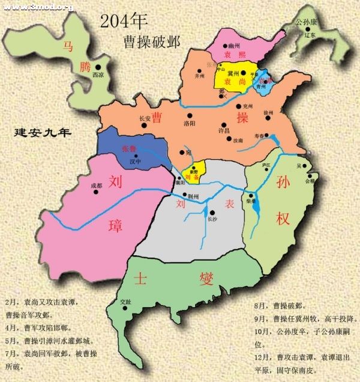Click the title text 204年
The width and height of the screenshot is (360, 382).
tap(124, 22)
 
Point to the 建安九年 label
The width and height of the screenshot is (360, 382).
tap(42, 133)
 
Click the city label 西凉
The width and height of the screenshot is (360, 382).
tap(98, 75)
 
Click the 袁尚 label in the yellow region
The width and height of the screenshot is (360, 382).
tap(232, 80)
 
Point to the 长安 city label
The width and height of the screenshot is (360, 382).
tap(145, 118)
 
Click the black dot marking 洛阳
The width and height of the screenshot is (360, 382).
tap(189, 115)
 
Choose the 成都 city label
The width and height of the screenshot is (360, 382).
tap(96, 186)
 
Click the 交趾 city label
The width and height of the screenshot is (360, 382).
tap(125, 301)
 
